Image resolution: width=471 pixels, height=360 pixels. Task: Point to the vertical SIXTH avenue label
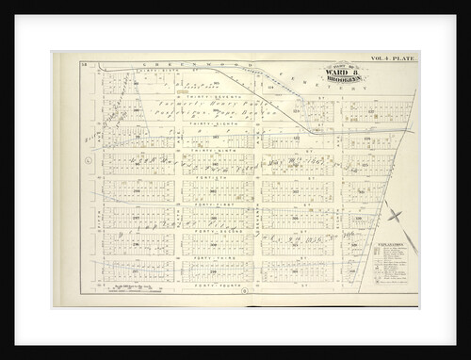tap(255, 221)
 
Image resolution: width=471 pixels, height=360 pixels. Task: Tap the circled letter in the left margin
tap(88, 160)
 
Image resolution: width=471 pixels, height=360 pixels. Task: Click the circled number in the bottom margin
tap(245, 290)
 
